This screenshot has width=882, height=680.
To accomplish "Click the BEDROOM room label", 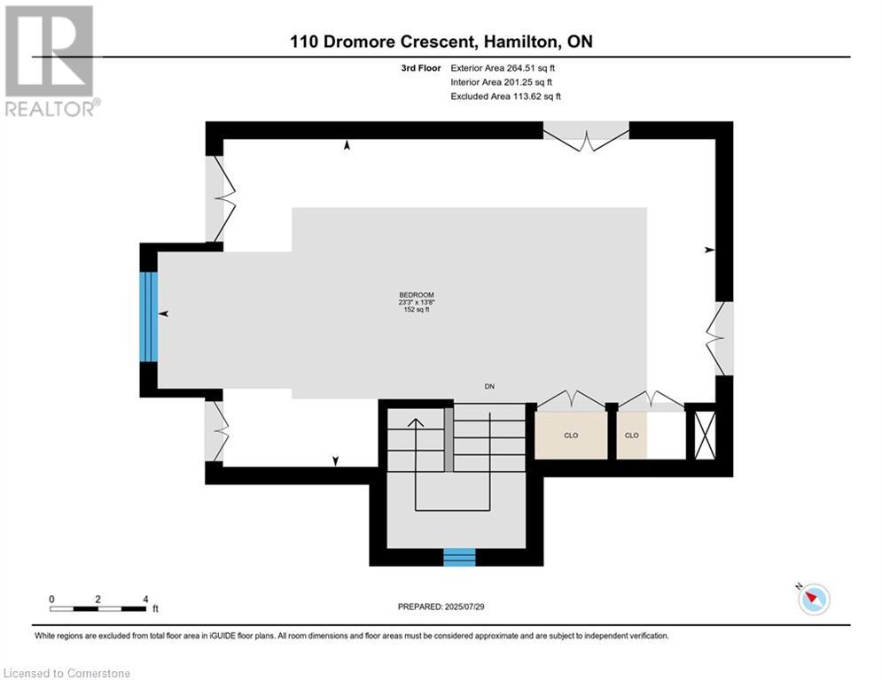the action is pos(417,295).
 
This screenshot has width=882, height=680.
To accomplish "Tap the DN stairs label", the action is pos(489,387).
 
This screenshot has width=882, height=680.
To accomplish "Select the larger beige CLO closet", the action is pos(570,435).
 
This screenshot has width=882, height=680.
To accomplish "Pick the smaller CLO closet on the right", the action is pos(632,435).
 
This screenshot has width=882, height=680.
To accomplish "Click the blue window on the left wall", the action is pos(149,317).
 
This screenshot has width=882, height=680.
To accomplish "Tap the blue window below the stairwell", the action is pos(459,558).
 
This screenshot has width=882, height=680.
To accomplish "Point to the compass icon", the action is pos(814,599).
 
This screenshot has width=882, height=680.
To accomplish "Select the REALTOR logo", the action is pos(51,61).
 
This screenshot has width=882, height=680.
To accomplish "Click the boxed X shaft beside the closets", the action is pos(705,435).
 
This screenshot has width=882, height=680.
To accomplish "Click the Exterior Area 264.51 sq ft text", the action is pos(503,68).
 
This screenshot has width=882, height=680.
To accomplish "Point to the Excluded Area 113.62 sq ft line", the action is pos(505,97).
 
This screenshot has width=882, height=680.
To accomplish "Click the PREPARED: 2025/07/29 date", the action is pos(441,607).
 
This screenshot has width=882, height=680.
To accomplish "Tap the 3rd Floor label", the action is pos(421,68).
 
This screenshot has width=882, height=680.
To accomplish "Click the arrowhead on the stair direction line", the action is pos(416,423).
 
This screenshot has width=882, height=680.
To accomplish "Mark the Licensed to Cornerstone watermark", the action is pos(67,673).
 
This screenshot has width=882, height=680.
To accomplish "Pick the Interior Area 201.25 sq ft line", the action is pos(501,82).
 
